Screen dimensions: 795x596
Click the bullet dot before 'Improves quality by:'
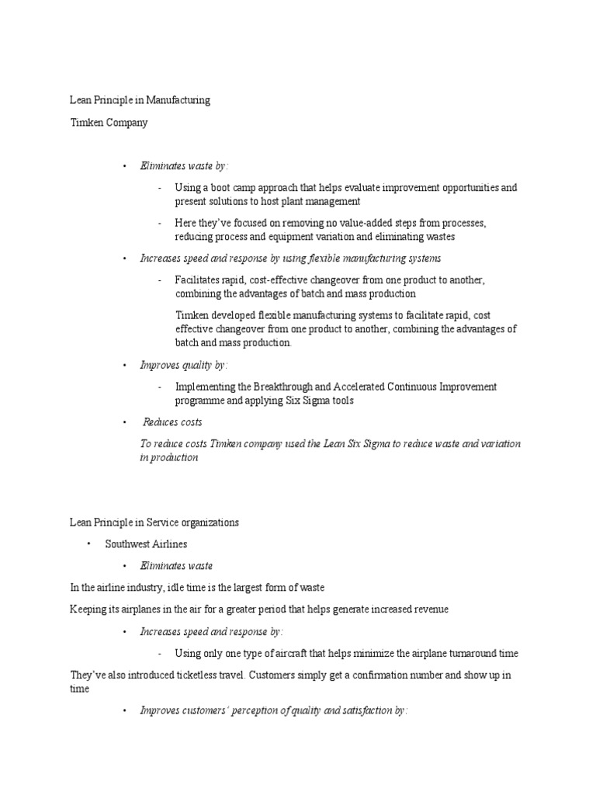[124, 365]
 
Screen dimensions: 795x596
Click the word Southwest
[129, 544]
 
